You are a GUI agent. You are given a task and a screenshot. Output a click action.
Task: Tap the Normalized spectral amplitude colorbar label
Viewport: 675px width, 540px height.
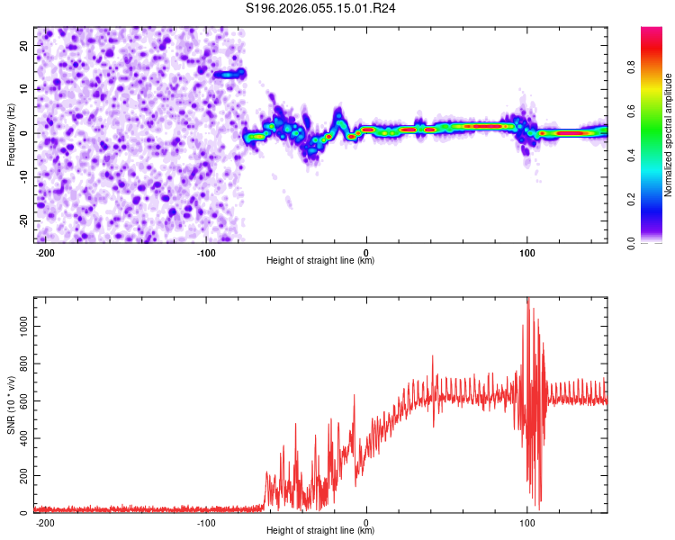click(669, 135)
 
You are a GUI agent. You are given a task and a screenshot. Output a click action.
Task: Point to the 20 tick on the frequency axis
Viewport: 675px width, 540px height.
click(24, 45)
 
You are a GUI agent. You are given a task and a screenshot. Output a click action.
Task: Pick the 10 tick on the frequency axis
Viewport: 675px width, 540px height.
click(24, 89)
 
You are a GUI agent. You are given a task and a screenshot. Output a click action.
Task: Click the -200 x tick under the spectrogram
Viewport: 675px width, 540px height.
click(45, 252)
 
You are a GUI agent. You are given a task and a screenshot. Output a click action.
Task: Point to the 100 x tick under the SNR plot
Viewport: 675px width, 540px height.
click(526, 522)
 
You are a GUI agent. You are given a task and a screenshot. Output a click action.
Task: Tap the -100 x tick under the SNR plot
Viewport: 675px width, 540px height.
click(205, 522)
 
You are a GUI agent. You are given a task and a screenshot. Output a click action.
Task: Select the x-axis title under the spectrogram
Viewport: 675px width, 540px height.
click(320, 261)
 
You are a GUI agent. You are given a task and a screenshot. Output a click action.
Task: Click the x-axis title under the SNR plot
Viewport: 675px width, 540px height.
click(320, 531)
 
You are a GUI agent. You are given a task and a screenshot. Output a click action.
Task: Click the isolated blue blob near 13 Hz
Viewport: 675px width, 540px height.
click(229, 75)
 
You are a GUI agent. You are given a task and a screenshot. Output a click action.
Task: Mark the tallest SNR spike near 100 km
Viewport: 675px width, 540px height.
click(528, 300)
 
